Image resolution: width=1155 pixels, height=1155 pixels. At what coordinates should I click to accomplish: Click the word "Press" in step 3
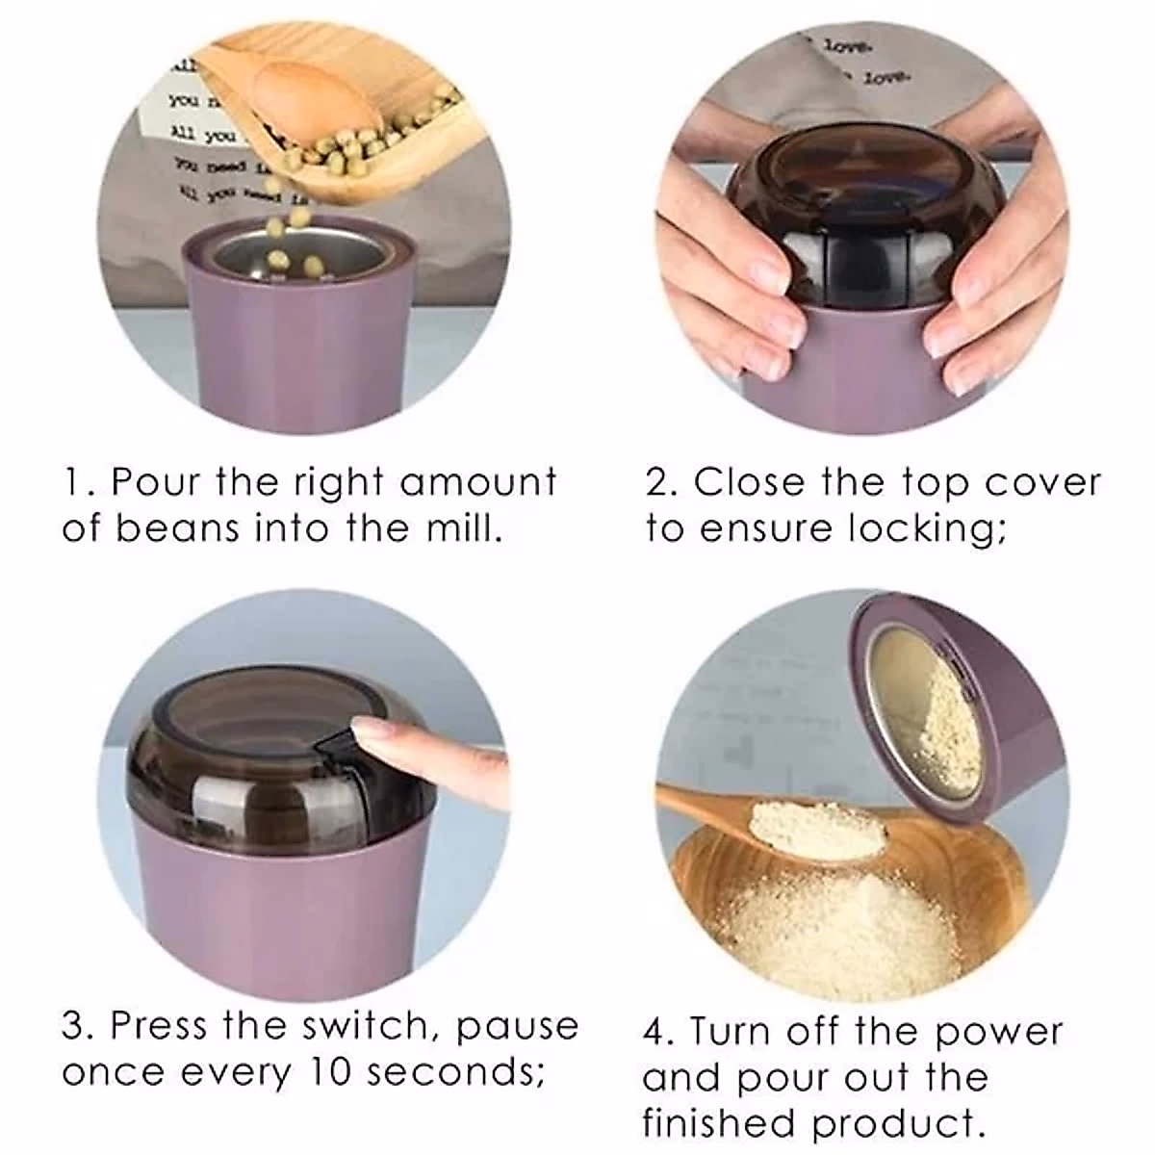tap(157, 1025)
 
